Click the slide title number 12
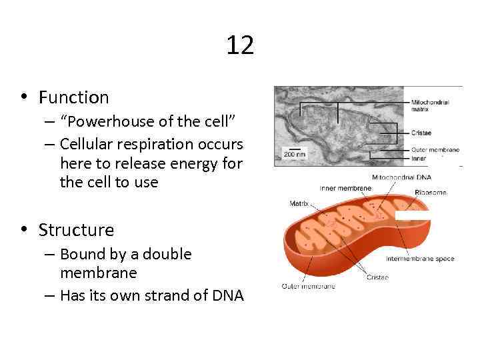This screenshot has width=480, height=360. [240, 46]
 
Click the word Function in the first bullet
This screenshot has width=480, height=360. [73, 97]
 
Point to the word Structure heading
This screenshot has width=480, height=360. [76, 230]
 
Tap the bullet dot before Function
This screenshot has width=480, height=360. [23, 97]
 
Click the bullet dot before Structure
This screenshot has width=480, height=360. [23, 230]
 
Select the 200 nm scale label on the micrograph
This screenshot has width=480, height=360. [294, 153]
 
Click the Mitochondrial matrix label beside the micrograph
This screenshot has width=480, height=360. [429, 105]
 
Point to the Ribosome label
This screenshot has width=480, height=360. [430, 193]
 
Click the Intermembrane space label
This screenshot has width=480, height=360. [420, 258]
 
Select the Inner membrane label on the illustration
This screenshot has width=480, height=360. [345, 188]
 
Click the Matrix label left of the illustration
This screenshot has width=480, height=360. [299, 203]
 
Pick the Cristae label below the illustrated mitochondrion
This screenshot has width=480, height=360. [377, 277]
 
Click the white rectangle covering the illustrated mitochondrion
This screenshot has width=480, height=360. [411, 215]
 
